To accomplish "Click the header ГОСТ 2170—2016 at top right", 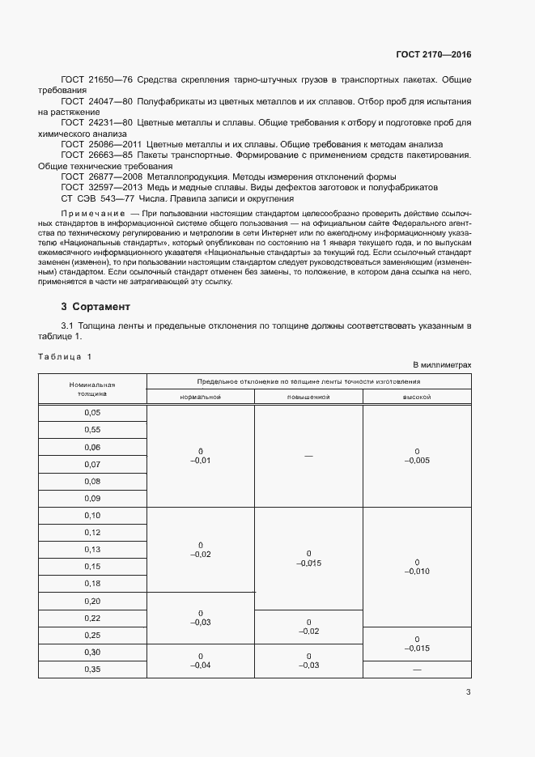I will pos(434,55).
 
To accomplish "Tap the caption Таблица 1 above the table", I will pos(66,356).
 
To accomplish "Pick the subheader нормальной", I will pos(200,398).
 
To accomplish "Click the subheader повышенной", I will pos(308,398).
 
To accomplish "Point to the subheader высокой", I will pos(417,398).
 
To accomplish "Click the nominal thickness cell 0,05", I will pos(92,413).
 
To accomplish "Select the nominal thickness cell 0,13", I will pos(92,549).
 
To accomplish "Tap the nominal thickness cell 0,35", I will pos(92,669).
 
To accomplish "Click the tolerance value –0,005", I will pos(417,461).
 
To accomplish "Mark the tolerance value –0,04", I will pos(200,665).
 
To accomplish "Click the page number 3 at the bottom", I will pos(469,691).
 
